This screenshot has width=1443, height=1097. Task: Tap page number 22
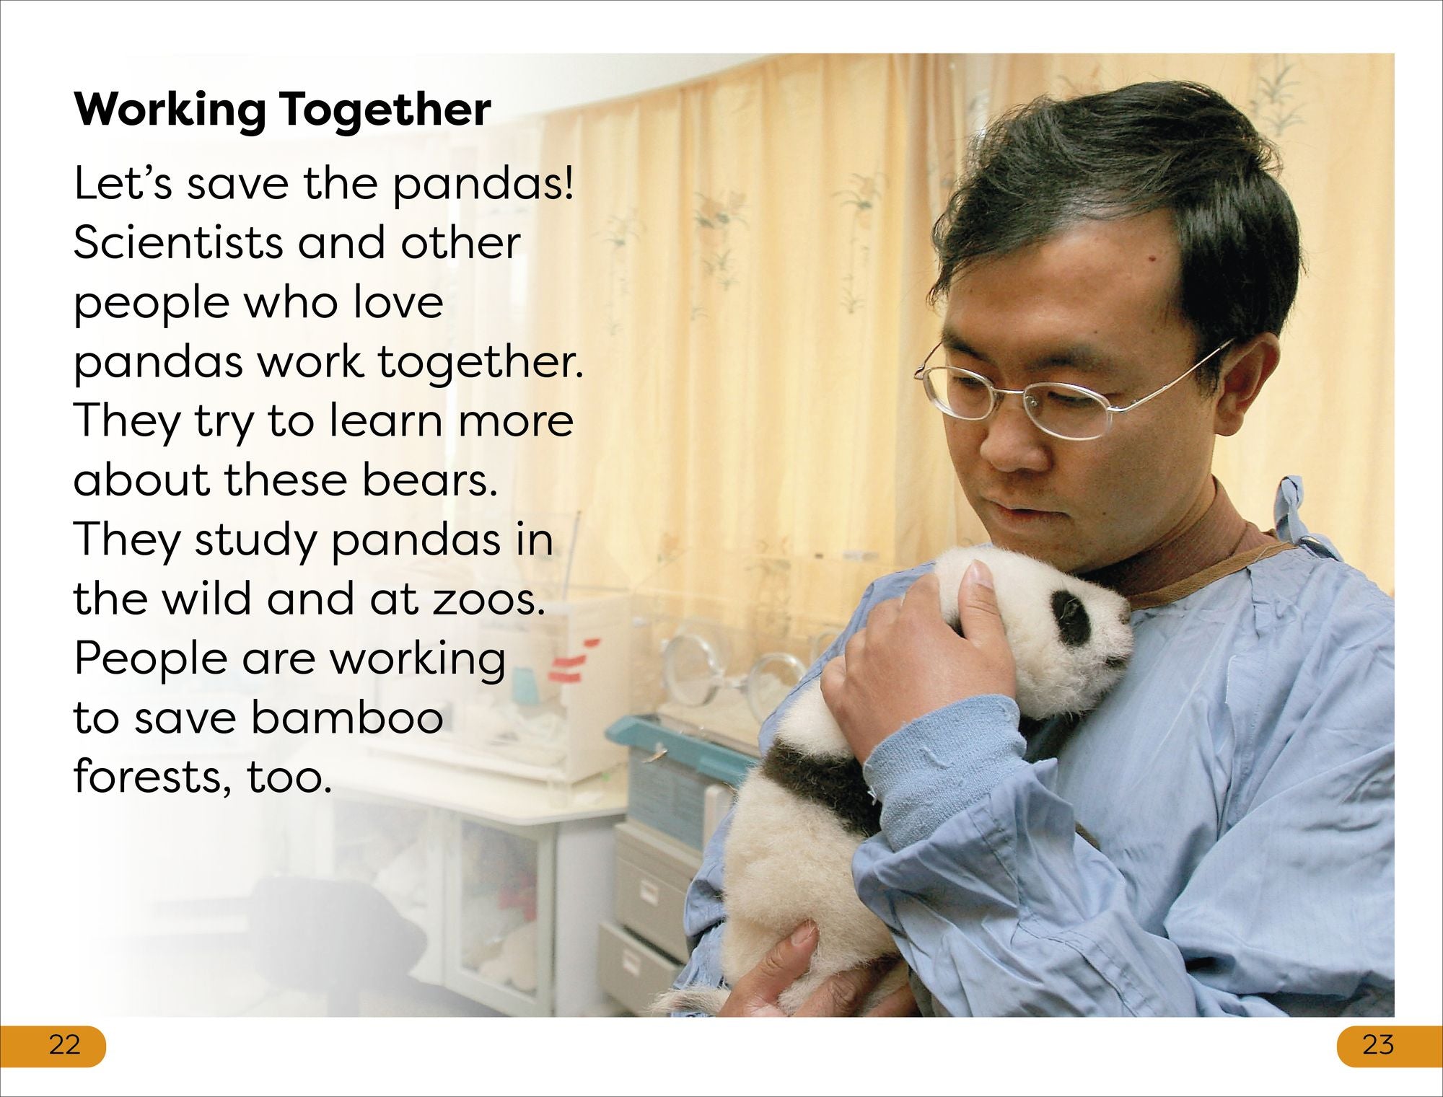pyautogui.click(x=64, y=1044)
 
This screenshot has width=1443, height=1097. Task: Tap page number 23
pyautogui.click(x=1378, y=1044)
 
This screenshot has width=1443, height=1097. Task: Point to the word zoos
pyautogui.click(x=488, y=600)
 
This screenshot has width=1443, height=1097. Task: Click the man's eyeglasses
pyautogui.click(x=1068, y=389)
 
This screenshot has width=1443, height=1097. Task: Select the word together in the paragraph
pyautogui.click(x=479, y=363)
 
